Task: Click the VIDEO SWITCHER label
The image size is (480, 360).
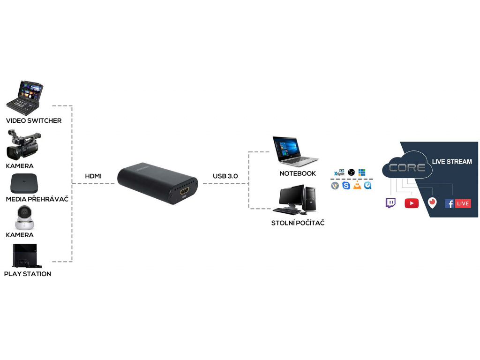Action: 34,120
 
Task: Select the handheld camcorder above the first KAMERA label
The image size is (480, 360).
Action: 23,146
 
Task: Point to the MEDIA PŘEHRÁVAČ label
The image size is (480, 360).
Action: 37,199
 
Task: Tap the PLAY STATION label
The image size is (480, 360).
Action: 28,274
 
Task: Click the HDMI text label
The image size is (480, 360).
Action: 93,176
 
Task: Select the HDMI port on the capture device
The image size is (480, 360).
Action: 183,192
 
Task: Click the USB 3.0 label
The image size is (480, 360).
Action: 225,176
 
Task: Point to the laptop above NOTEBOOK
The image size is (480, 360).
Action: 294,151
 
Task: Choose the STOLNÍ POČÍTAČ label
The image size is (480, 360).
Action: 298,223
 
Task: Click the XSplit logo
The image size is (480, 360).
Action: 339,172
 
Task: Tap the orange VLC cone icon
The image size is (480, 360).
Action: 357,186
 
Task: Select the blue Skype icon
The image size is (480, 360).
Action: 346,186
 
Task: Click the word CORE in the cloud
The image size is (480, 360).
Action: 407,168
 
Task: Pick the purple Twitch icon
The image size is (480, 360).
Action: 390,203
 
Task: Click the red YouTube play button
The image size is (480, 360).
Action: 412,203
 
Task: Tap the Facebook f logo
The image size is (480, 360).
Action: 450,203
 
